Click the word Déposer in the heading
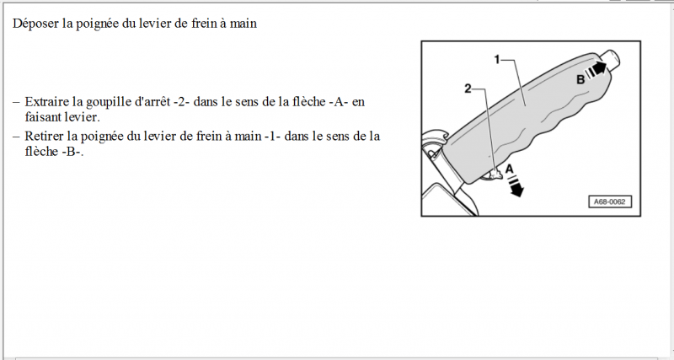(35, 24)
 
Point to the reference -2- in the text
(181, 102)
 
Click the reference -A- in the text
(341, 102)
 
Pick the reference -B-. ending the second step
(72, 152)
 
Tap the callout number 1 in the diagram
(497, 59)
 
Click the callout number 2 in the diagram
(468, 89)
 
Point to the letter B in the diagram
(580, 79)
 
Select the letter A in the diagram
(510, 169)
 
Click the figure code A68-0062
(609, 201)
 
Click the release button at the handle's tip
(610, 60)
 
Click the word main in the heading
(243, 24)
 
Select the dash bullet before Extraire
(16, 103)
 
